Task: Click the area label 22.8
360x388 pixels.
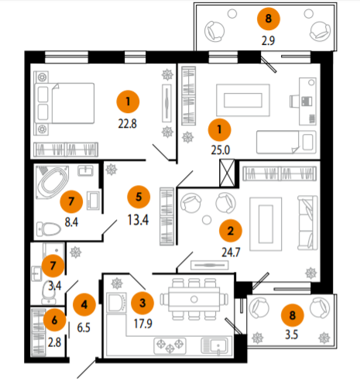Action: pyautogui.click(x=127, y=124)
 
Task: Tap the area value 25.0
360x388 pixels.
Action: pyautogui.click(x=221, y=150)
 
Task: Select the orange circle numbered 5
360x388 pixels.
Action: pyautogui.click(x=139, y=197)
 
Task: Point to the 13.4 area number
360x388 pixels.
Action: pyautogui.click(x=138, y=220)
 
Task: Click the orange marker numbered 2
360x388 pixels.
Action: pyautogui.click(x=231, y=231)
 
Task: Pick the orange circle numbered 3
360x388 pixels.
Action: pyautogui.click(x=142, y=303)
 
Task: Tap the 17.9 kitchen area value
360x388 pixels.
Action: pyautogui.click(x=143, y=324)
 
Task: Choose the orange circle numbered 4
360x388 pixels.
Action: pyautogui.click(x=84, y=305)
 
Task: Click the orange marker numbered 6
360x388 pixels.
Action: pyautogui.click(x=54, y=320)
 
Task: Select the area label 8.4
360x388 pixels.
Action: pyautogui.click(x=71, y=222)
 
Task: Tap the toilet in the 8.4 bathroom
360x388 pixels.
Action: pyautogui.click(x=49, y=229)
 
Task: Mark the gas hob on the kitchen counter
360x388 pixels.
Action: pyautogui.click(x=170, y=346)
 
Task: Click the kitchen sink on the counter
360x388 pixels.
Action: pyautogui.click(x=214, y=346)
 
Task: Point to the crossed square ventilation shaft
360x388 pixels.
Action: pyautogui.click(x=227, y=173)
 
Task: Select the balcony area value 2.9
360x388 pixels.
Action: pyautogui.click(x=268, y=41)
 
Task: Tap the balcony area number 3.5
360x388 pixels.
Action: pyautogui.click(x=291, y=335)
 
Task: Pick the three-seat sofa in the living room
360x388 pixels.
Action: pyautogui.click(x=307, y=222)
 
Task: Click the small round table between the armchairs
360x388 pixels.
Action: pyautogui.click(x=207, y=220)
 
